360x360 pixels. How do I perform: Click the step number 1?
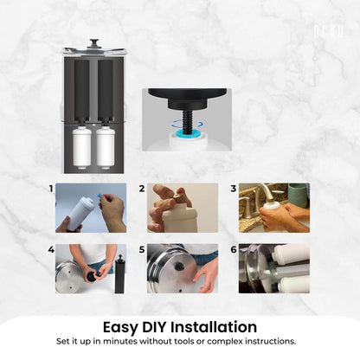pos(51,188)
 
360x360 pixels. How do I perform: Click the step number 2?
pos(142,188)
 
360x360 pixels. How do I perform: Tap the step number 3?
pos(233,188)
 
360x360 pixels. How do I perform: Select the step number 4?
pos(51,249)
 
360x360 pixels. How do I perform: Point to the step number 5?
pos(142,249)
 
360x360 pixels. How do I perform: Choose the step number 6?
pos(233,249)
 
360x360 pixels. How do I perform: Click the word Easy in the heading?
pos(124,326)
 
